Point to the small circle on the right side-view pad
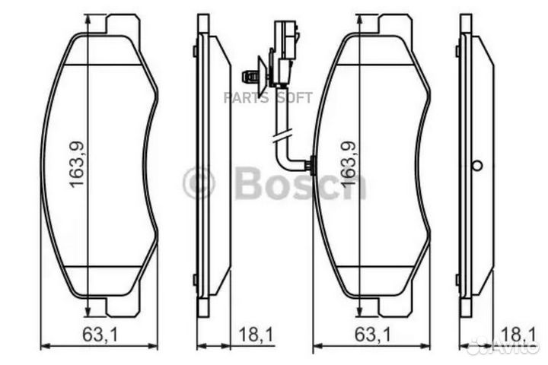pos(478,166)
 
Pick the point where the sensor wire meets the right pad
pos(310,164)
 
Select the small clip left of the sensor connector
pos(248,75)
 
